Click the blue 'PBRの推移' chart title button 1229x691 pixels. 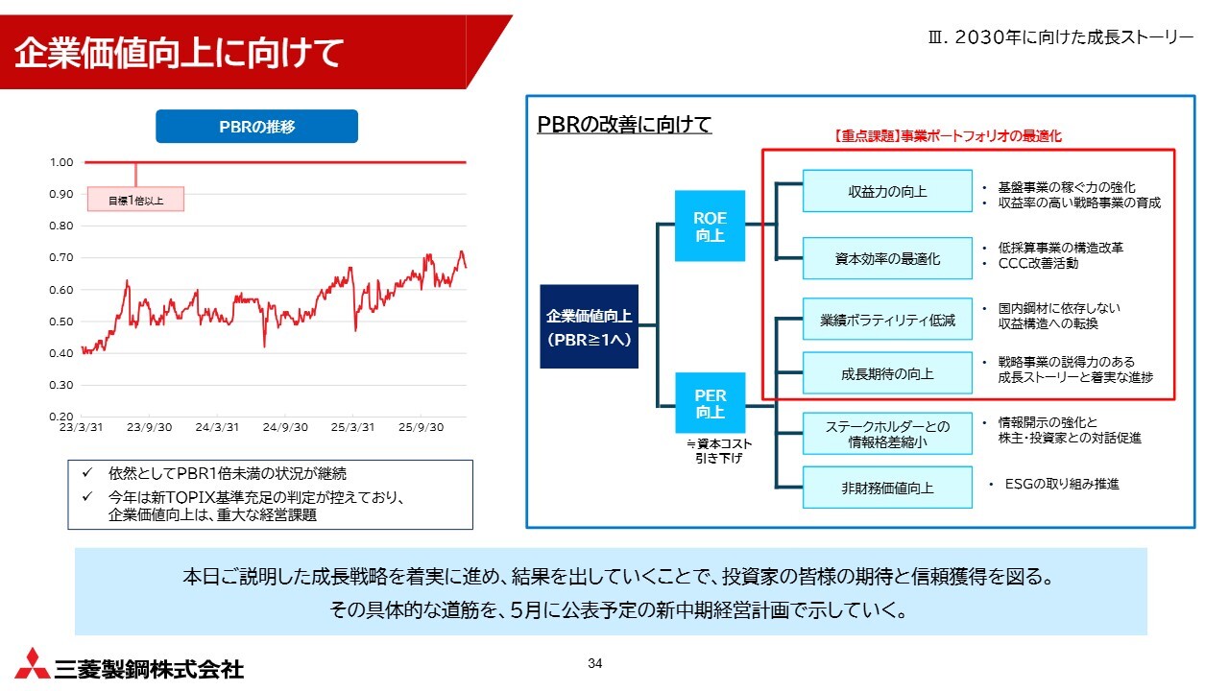point(256,126)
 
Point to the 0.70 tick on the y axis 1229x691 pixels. point(60,257)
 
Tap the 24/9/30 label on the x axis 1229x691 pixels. point(285,427)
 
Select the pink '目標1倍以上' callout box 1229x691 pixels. point(135,199)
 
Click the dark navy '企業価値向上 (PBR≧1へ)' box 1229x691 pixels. point(589,326)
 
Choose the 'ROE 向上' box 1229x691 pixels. point(710,226)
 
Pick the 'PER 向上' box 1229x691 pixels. point(710,403)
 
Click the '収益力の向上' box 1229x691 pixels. point(887,191)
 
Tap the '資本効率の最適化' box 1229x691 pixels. point(887,258)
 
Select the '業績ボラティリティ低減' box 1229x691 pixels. point(887,320)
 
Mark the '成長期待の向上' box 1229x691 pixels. point(887,373)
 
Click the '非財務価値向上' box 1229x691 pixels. point(887,488)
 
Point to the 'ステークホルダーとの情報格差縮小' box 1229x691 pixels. point(887,433)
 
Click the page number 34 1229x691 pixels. point(594,663)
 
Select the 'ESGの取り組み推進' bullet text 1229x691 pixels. point(1062,484)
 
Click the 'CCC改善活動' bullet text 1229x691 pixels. point(1038,263)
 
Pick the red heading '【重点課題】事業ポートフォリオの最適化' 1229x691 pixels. point(948,136)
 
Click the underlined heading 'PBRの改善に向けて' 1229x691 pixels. point(624,124)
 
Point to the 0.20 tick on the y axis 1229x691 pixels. point(60,417)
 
